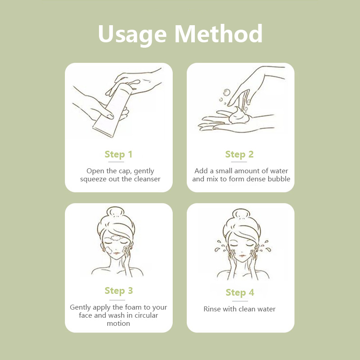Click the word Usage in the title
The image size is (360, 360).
tap(132, 34)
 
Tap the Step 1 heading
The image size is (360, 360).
tap(118, 154)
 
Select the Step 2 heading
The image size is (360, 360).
tap(239, 154)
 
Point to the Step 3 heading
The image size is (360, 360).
tap(119, 291)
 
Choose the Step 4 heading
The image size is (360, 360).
tap(240, 292)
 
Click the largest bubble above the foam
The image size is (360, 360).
tap(227, 92)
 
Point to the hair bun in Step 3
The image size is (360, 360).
tap(116, 212)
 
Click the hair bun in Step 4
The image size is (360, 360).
tap(241, 214)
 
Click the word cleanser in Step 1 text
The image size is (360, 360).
tap(147, 179)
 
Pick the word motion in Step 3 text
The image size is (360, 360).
tap(118, 324)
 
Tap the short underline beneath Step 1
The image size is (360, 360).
tap(116, 162)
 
